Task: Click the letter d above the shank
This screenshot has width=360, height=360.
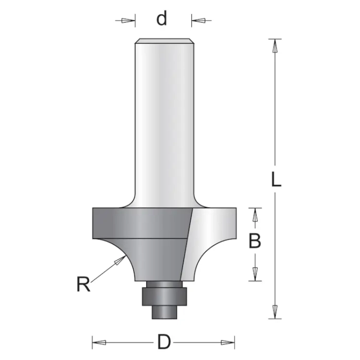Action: click(163, 20)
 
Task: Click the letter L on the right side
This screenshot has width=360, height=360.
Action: click(276, 179)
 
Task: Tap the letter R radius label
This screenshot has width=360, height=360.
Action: click(83, 284)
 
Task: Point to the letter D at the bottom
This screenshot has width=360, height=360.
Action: click(164, 341)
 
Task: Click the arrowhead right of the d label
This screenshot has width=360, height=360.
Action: click(200, 21)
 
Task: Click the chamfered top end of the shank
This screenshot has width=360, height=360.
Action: click(164, 41)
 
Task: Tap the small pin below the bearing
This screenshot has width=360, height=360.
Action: click(164, 312)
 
